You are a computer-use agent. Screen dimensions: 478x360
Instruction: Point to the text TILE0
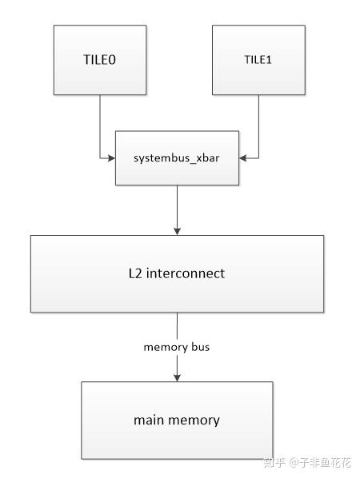[x=100, y=60]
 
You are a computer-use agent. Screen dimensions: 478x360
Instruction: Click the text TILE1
[x=258, y=60]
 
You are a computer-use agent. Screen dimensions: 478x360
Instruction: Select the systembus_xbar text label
[x=177, y=158]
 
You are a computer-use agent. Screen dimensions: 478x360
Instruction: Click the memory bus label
[x=177, y=347]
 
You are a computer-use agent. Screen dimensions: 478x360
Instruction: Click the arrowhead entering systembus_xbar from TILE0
[x=112, y=158]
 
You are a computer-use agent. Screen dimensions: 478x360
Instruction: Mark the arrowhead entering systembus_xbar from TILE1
[x=242, y=158]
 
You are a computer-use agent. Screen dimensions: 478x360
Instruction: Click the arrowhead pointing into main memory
[x=177, y=376]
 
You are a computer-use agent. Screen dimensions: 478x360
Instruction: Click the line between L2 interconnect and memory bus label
[x=177, y=325]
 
